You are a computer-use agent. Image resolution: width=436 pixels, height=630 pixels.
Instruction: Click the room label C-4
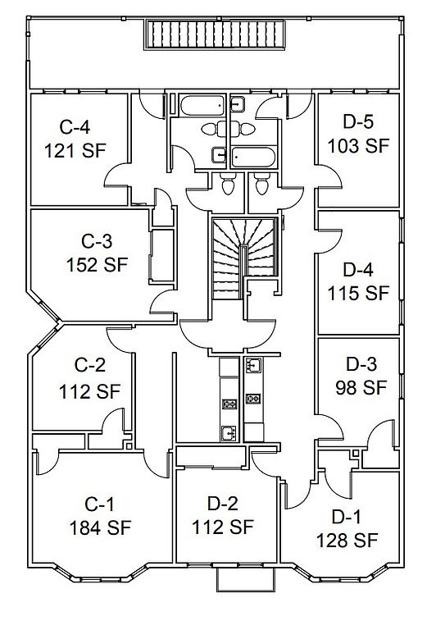point(75,127)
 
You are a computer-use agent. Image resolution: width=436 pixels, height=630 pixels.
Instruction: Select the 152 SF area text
point(97,265)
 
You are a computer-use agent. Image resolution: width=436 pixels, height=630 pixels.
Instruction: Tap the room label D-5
point(358,121)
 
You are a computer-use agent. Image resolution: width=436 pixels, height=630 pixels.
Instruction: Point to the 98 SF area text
point(361,388)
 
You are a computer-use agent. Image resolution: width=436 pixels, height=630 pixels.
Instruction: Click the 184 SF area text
point(100,528)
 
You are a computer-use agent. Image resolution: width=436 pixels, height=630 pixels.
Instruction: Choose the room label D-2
point(223,503)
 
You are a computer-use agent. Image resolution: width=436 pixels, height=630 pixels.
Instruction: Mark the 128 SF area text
point(347,541)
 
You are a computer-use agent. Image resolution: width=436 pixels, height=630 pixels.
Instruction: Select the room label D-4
point(358,270)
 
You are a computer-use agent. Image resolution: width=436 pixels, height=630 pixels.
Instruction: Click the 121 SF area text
point(75,151)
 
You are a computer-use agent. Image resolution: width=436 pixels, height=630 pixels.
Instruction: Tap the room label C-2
point(90,365)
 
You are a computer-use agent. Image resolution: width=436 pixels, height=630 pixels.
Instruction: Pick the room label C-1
point(99,504)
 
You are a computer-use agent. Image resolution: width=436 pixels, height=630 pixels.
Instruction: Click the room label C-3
point(97,241)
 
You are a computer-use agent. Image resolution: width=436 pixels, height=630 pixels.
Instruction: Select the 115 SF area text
point(358,294)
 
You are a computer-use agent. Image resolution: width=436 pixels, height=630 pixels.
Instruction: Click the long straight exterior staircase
point(215,34)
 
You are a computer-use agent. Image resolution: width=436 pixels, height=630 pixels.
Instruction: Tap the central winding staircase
point(244,257)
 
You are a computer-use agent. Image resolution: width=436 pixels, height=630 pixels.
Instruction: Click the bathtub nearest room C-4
point(202,105)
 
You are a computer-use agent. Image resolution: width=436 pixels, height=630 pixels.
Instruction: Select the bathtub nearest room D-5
point(254,157)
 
